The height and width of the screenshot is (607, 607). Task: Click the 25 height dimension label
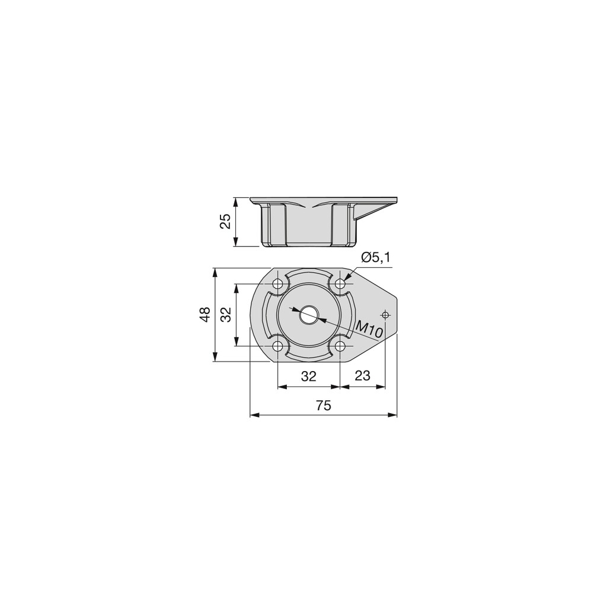[x=225, y=222]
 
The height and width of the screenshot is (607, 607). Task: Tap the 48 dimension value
[x=205, y=314]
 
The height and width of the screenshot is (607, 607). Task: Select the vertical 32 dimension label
[x=226, y=314]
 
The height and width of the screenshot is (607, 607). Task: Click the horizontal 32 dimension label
[x=308, y=376]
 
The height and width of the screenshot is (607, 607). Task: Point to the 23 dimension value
[x=362, y=376]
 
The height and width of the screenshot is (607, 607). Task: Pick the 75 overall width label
[x=323, y=405]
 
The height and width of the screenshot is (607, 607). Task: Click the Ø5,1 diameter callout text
[x=375, y=257]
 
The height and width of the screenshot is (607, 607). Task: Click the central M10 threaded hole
[x=308, y=315]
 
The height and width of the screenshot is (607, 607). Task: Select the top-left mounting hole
[x=277, y=283]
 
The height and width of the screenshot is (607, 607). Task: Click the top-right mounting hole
[x=340, y=283]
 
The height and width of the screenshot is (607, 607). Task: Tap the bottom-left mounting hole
[x=277, y=346]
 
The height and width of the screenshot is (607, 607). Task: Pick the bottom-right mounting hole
[x=340, y=346]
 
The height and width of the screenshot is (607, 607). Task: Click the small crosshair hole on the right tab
[x=385, y=315]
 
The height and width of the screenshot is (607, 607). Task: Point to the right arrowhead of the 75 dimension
[x=393, y=415]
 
